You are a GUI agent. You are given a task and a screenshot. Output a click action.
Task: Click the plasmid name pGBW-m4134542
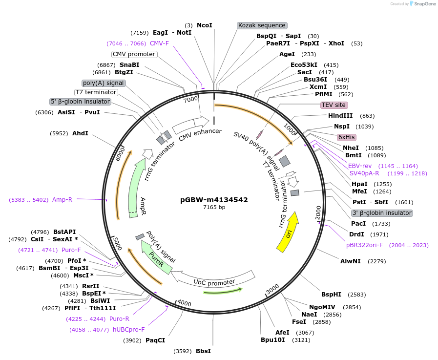[x=214, y=200]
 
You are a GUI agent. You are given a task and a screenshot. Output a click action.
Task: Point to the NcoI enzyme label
[x=204, y=25]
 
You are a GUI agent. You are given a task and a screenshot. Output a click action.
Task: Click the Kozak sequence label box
[x=262, y=25]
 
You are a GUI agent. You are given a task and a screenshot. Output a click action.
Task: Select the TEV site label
[x=334, y=105]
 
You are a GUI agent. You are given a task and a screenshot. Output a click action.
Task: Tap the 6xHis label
[x=346, y=137]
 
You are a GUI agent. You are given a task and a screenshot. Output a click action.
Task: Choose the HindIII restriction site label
[x=340, y=116]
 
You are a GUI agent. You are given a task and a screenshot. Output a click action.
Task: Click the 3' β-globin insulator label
[x=382, y=213]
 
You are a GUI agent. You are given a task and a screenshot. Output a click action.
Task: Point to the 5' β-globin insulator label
[x=81, y=102]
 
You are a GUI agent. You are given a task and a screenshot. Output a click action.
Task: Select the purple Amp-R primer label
[x=62, y=200]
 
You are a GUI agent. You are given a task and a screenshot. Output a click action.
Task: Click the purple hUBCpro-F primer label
[x=129, y=330]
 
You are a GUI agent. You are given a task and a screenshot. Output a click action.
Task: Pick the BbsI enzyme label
[x=203, y=351]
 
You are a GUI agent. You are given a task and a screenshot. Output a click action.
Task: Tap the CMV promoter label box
[x=134, y=54]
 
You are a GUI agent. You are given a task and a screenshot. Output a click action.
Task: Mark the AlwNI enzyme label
[x=350, y=261]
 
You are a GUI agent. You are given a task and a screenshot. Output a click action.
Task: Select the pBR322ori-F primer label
[x=364, y=245]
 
